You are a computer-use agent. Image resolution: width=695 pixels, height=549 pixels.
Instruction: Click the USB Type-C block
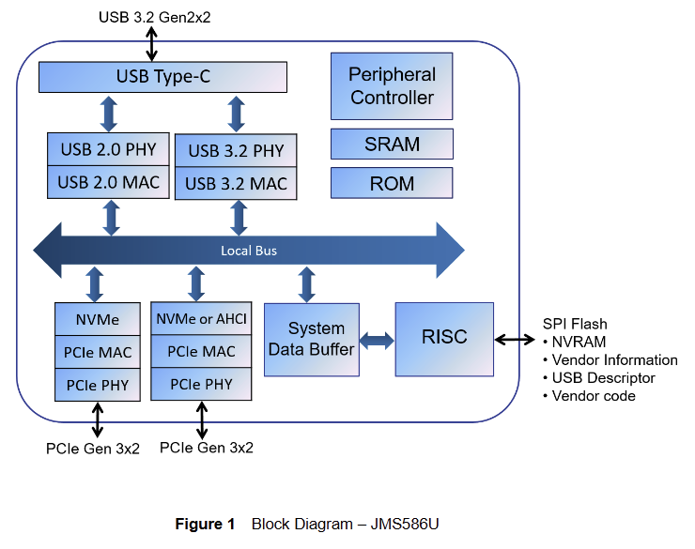pyautogui.click(x=162, y=76)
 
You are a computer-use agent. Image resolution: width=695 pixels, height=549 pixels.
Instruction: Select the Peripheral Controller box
pyautogui.click(x=392, y=85)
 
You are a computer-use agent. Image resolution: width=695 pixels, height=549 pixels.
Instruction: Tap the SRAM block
pyautogui.click(x=392, y=145)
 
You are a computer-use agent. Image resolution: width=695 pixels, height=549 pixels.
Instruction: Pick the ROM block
pyautogui.click(x=392, y=183)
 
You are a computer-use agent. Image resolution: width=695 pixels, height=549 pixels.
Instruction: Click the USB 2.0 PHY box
pyautogui.click(x=108, y=148)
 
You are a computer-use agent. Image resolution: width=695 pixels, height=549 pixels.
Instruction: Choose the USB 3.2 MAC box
pyautogui.click(x=237, y=183)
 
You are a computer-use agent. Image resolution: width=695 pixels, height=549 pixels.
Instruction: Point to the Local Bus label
pyautogui.click(x=249, y=251)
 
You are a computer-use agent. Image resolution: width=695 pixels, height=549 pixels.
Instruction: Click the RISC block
pyautogui.click(x=444, y=337)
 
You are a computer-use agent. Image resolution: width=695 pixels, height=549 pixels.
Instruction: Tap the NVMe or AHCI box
pyautogui.click(x=201, y=319)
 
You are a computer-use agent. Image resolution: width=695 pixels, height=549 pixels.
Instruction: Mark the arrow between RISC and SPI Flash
pyautogui.click(x=515, y=340)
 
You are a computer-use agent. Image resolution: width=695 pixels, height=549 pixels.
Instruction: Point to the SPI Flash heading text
pyautogui.click(x=575, y=324)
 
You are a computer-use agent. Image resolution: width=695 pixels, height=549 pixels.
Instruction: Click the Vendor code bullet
pyautogui.click(x=593, y=395)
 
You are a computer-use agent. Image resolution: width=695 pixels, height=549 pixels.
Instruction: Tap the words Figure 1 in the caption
pyautogui.click(x=205, y=524)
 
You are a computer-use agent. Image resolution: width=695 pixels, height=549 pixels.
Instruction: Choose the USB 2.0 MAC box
pyautogui.click(x=108, y=182)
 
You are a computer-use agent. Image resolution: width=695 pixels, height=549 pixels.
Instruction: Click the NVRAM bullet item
pyautogui.click(x=579, y=342)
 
